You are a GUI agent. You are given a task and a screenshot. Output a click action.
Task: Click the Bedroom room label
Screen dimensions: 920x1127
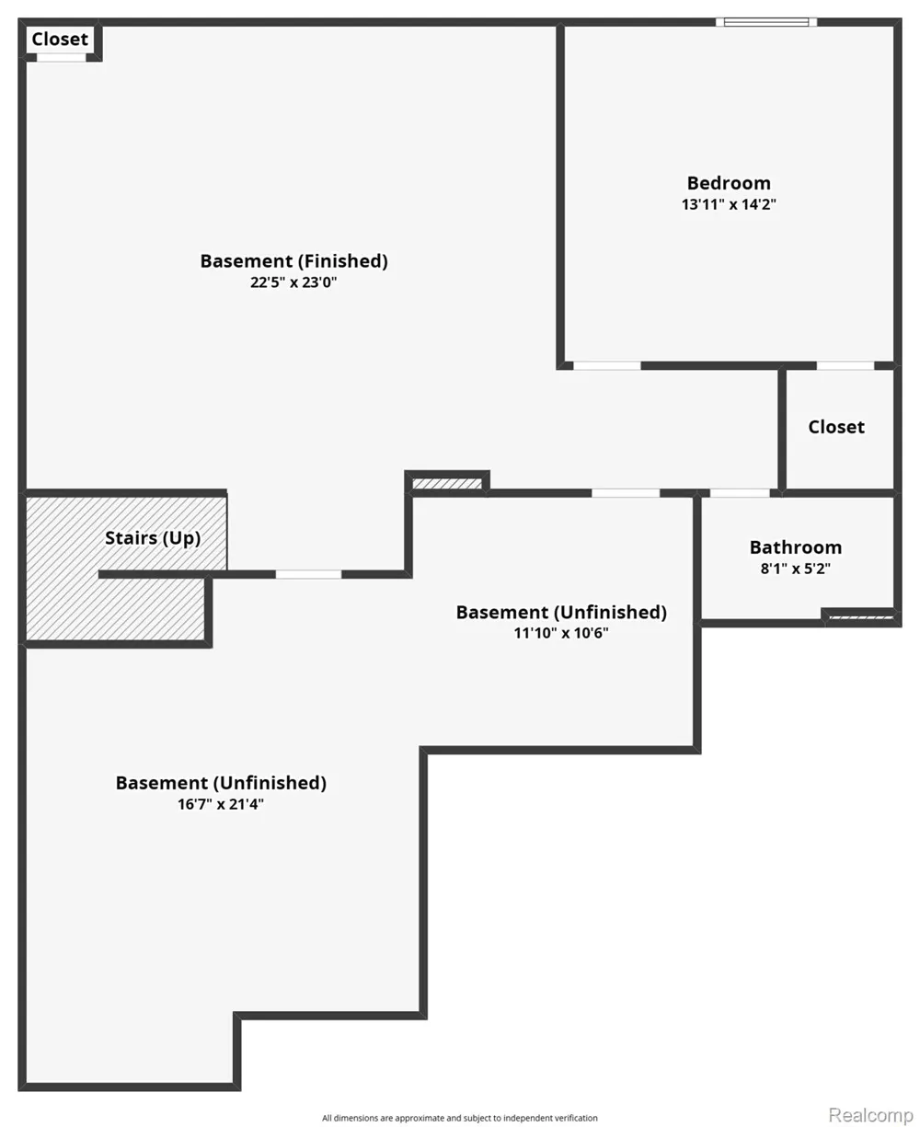tap(729, 183)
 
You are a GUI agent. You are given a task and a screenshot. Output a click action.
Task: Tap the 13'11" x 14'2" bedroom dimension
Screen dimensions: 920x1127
tap(729, 204)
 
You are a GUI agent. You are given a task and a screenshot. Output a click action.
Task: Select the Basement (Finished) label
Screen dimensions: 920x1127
tap(293, 261)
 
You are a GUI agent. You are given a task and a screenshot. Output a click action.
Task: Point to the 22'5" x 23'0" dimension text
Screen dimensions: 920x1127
tap(293, 282)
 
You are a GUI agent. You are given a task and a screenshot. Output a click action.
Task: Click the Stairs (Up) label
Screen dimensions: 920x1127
tap(153, 538)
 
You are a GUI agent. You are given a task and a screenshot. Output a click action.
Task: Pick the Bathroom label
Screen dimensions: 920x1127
tap(796, 547)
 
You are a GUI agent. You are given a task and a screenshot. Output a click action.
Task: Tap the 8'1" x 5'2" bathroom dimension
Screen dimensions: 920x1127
tap(796, 569)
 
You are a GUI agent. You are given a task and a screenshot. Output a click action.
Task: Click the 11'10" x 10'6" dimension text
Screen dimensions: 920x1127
tap(561, 633)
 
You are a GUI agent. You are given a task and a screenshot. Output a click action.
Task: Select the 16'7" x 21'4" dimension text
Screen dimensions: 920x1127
tap(221, 804)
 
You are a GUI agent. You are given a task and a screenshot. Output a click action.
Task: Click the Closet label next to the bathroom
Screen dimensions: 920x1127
tap(836, 427)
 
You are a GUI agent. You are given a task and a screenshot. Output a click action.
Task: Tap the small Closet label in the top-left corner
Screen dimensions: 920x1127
tap(60, 39)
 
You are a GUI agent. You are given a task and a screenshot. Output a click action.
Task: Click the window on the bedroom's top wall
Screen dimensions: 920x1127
tap(766, 22)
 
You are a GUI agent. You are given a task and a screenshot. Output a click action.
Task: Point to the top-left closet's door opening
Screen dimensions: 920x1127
tap(62, 58)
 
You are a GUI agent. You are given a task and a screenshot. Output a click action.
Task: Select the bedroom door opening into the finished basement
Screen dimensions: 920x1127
tap(607, 365)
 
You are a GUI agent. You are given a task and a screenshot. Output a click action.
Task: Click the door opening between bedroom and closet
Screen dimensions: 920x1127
tap(845, 365)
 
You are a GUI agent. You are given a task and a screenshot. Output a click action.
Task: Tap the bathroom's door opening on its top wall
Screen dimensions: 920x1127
tap(740, 493)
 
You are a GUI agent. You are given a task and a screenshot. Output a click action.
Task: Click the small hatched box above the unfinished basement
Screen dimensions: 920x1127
tap(447, 484)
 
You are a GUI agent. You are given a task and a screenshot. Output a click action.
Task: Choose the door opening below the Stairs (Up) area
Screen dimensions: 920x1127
tap(308, 574)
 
